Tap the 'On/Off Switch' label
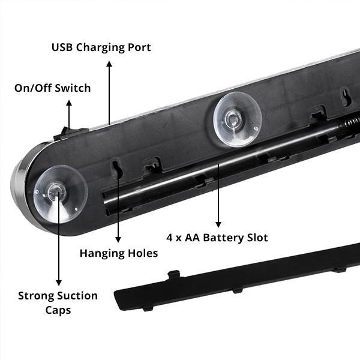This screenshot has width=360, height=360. point(53,88)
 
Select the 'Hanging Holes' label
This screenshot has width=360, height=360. point(119,253)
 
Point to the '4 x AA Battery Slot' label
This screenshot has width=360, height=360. point(218,238)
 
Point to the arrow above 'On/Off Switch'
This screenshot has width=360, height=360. point(68,114)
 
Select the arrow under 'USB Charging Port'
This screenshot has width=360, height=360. point(109,90)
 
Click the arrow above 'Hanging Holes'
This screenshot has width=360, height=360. point(119,204)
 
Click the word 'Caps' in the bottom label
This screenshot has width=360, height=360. point(58,310)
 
